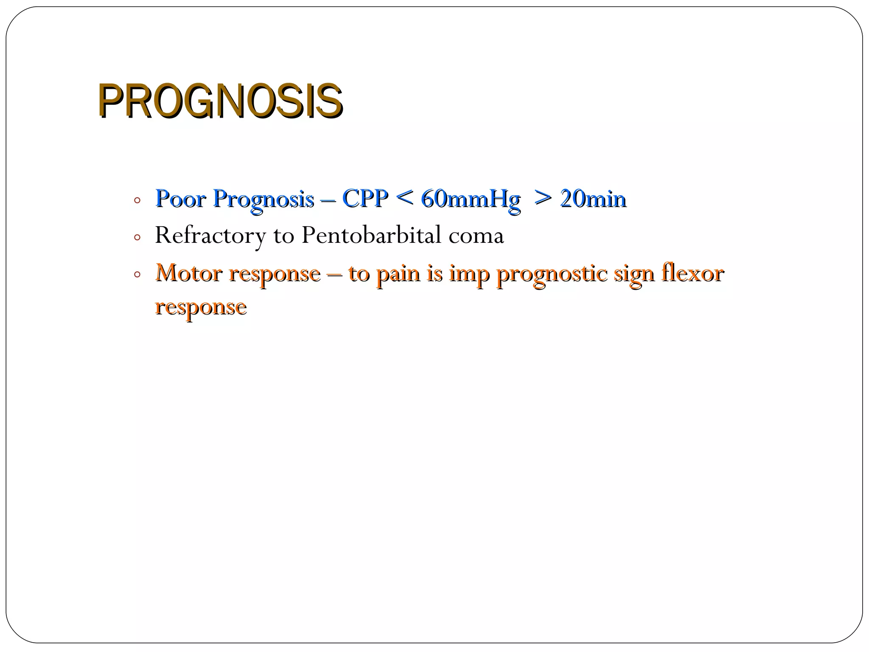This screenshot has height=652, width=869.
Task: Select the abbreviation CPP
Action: pos(365,198)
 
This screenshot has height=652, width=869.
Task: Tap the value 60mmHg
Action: pos(470,199)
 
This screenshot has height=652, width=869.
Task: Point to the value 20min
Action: pos(593,198)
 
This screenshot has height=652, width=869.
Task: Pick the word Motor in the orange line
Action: pos(189,273)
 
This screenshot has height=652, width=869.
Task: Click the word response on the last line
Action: pos(201,307)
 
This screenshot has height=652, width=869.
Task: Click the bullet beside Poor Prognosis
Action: pos(137,200)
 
